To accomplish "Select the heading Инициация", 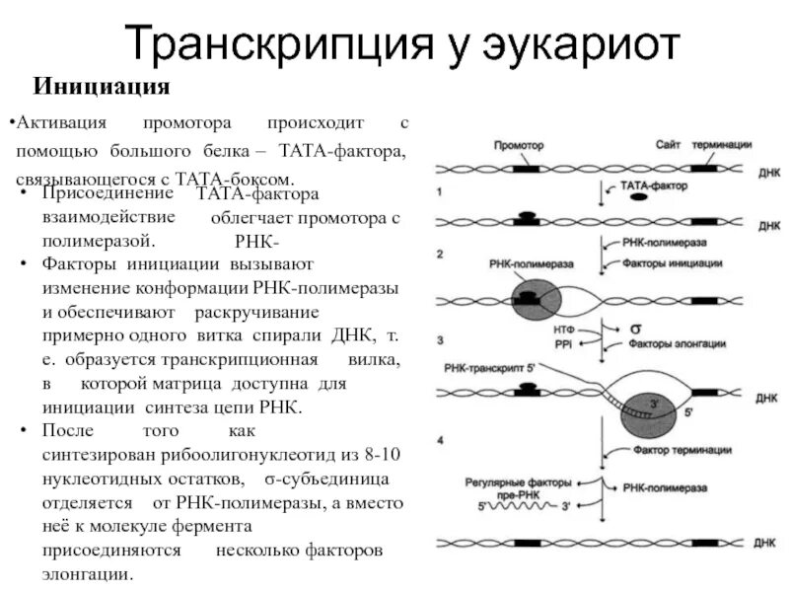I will click(103, 87).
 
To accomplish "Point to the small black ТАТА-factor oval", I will click(639, 197).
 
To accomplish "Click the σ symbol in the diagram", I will click(622, 327).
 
